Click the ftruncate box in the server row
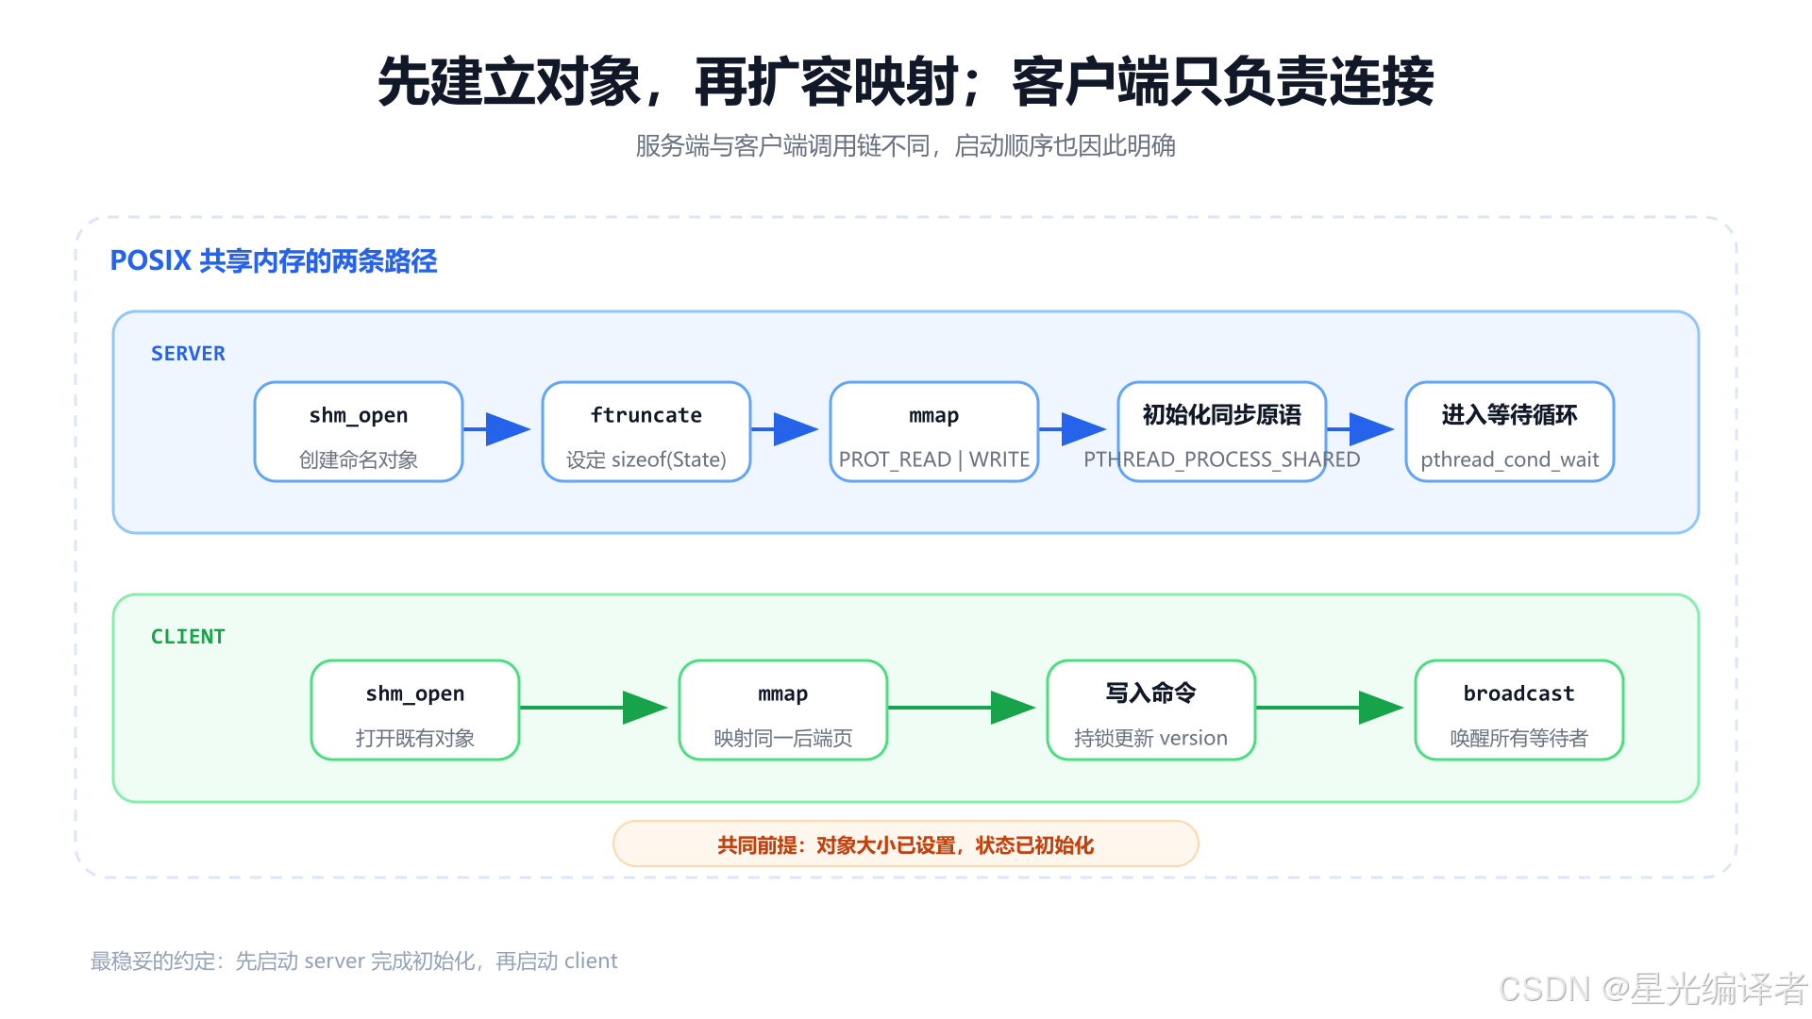pyautogui.click(x=646, y=431)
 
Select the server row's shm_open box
pyautogui.click(x=359, y=431)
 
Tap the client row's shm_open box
pyautogui.click(x=415, y=710)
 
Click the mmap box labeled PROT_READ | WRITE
pyautogui.click(x=934, y=431)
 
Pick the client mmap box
pyautogui.click(x=783, y=710)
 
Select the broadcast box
pyautogui.click(x=1519, y=710)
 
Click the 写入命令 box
pyautogui.click(x=1151, y=710)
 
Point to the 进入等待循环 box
pyautogui.click(x=1510, y=431)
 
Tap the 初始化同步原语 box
pyautogui.click(x=1222, y=431)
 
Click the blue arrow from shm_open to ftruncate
pyautogui.click(x=496, y=429)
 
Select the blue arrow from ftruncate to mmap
pyautogui.click(x=784, y=429)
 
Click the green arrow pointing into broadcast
pyautogui.click(x=1330, y=708)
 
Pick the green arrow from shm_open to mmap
pyautogui.click(x=594, y=708)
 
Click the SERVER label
pyautogui.click(x=188, y=354)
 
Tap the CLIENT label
pyautogui.click(x=188, y=637)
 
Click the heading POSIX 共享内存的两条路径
pyautogui.click(x=274, y=260)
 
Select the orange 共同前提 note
pyautogui.click(x=906, y=844)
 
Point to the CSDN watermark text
pyautogui.click(x=1653, y=989)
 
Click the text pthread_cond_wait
pyautogui.click(x=1510, y=459)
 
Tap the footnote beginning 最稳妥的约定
pyautogui.click(x=354, y=961)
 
